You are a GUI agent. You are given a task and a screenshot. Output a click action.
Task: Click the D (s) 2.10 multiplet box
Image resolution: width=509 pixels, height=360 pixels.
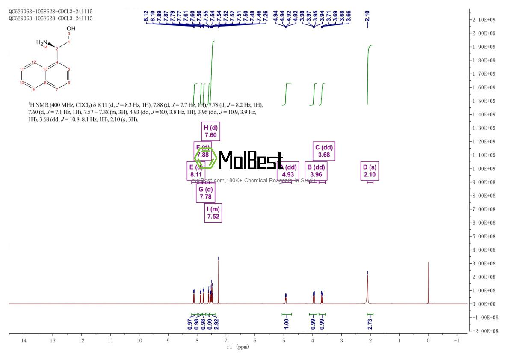tap(370, 171)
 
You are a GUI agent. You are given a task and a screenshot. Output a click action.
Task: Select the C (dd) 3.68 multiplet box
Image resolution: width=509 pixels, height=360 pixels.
tap(324, 151)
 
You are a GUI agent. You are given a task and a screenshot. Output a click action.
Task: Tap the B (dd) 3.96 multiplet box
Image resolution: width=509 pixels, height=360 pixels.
tap(316, 171)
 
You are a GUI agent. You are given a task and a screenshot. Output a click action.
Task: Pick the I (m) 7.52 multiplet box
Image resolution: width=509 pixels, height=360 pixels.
tap(213, 213)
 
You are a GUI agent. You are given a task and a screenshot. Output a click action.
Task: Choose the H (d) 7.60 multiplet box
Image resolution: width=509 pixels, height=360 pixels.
tap(211, 131)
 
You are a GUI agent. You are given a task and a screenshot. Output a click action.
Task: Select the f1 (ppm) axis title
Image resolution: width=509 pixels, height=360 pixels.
tap(238, 347)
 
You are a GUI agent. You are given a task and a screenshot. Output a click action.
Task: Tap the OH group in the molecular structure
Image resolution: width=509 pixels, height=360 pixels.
tap(71, 28)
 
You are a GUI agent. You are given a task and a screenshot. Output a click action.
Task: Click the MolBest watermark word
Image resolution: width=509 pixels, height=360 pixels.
tap(250, 160)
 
